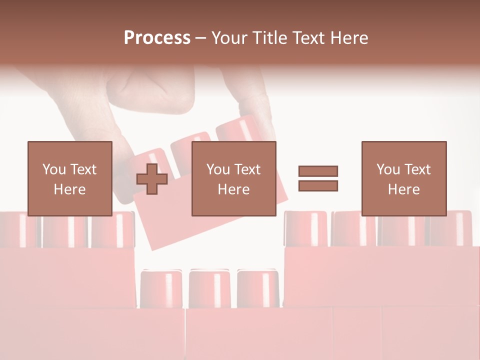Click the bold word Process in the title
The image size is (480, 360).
[x=157, y=38]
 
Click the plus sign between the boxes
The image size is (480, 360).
[x=152, y=179]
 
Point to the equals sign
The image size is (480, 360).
[x=318, y=178]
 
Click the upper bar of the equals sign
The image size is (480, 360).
[x=318, y=171]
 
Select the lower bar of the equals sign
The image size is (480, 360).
[x=318, y=185]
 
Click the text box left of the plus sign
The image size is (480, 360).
[x=69, y=178]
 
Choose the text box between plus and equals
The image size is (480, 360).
[x=233, y=178]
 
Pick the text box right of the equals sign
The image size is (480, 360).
[x=403, y=178]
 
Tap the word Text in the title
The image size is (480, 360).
[x=310, y=38]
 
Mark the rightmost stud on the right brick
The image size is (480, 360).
[x=450, y=228]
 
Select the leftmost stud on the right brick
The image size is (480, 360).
[x=305, y=228]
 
